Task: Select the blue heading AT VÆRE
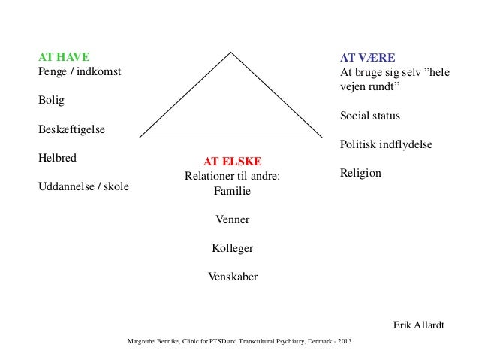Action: click(x=368, y=58)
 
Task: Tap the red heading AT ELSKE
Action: click(x=233, y=162)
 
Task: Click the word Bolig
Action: click(x=52, y=101)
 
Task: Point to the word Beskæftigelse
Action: click(x=71, y=129)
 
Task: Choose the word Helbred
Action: click(x=57, y=159)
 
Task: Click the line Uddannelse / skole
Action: click(x=83, y=187)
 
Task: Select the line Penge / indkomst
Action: click(x=79, y=72)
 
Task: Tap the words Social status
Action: click(x=370, y=116)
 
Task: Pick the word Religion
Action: click(x=360, y=173)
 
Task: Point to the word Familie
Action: click(x=233, y=191)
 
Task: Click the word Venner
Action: click(x=233, y=219)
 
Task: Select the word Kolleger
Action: click(x=233, y=248)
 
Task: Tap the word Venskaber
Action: click(x=233, y=277)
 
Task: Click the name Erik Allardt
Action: click(x=419, y=325)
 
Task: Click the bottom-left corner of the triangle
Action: click(x=140, y=138)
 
